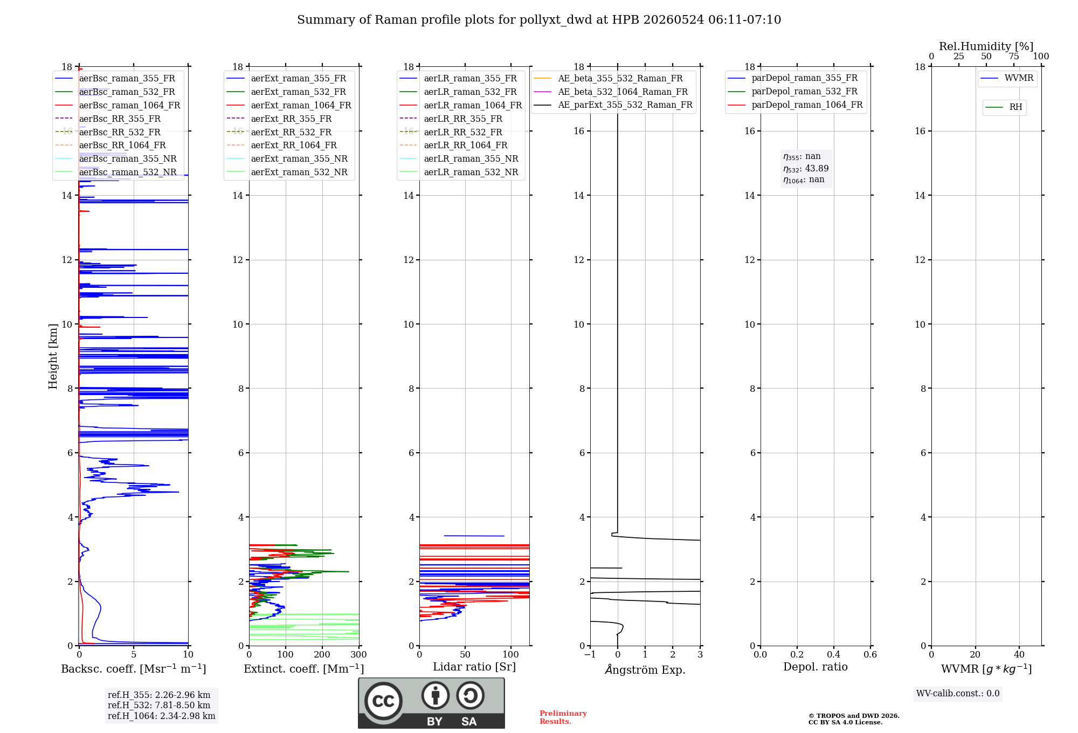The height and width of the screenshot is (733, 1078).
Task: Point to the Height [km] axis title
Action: pos(53,356)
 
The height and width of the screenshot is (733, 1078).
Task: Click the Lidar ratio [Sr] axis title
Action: pos(474,667)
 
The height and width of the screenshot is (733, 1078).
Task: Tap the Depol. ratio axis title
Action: pos(816,667)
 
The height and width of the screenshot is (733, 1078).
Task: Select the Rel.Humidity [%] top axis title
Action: pos(986,46)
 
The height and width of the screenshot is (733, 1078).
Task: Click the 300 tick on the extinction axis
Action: pos(359,654)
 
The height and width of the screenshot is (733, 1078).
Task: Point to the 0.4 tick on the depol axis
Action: pos(834,654)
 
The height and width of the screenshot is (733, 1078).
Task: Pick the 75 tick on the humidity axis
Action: pos(1014,57)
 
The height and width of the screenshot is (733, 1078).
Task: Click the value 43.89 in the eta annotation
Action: pos(817,168)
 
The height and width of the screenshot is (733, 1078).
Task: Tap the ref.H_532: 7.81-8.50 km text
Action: pos(159,705)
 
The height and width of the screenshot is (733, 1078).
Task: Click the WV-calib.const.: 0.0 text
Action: pos(958,694)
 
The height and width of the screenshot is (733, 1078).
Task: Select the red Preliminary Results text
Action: pos(563,717)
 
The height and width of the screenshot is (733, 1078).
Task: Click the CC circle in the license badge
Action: pos(383,701)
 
